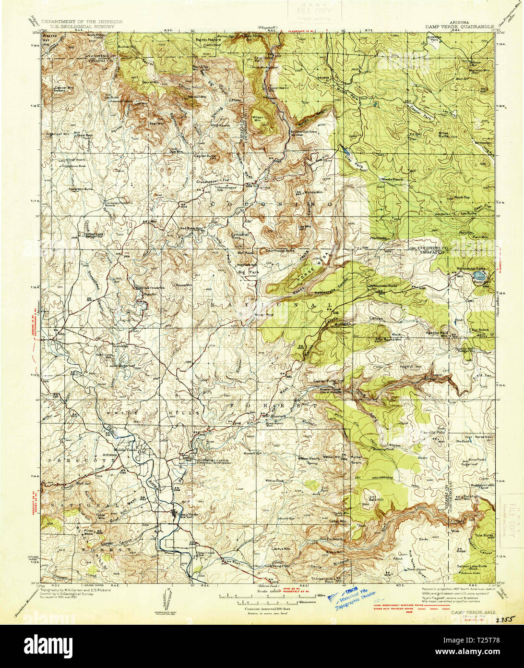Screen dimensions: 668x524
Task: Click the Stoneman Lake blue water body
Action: click(x=479, y=275)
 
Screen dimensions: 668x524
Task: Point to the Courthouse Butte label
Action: click(x=281, y=250)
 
